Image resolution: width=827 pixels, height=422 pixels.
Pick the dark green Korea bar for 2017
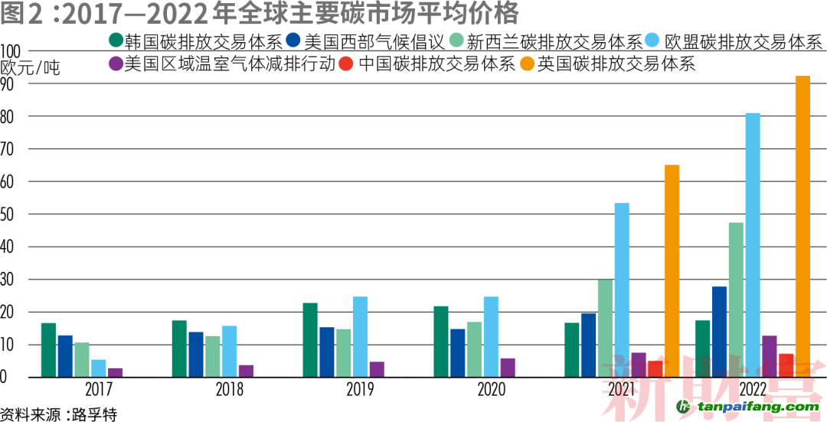(x=48, y=350)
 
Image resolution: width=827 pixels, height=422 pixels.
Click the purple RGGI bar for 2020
(x=508, y=368)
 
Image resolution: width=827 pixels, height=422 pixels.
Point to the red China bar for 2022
(x=786, y=365)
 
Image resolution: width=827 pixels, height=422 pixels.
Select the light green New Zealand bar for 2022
(x=736, y=299)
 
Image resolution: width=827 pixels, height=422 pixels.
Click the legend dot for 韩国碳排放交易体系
(x=116, y=41)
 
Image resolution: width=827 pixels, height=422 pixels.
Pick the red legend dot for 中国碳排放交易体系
(x=347, y=64)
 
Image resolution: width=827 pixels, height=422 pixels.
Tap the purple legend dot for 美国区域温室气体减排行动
(x=116, y=64)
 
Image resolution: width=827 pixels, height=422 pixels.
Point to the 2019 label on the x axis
(x=360, y=390)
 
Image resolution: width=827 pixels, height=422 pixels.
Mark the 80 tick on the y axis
(x=10, y=117)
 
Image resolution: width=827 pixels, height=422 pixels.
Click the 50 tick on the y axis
(x=10, y=214)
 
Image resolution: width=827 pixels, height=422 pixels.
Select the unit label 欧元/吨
(x=31, y=67)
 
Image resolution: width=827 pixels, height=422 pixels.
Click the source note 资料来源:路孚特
(x=59, y=414)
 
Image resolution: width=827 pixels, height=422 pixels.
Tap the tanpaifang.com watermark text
(x=754, y=407)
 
